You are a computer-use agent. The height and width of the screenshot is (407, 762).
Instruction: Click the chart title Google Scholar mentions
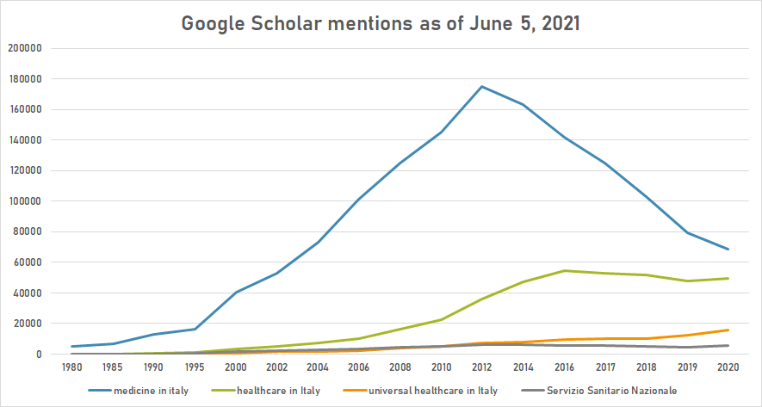click(380, 23)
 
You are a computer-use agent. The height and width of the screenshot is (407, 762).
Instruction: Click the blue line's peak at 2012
click(481, 86)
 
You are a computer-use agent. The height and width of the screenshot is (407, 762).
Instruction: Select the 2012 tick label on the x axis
click(481, 367)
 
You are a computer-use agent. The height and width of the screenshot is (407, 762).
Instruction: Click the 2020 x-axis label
click(728, 367)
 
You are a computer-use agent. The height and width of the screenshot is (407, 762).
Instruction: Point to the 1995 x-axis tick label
click(195, 367)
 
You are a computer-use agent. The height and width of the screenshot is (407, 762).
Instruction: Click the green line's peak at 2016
click(563, 271)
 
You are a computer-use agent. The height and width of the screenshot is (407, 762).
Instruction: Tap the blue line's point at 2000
click(236, 292)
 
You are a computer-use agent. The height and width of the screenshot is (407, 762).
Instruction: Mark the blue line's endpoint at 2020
click(728, 250)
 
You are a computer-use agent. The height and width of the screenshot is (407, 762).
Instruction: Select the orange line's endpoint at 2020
click(728, 330)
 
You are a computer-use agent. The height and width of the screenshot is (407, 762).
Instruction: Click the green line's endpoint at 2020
click(728, 278)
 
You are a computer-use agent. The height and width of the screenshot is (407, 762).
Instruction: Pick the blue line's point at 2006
click(358, 200)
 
